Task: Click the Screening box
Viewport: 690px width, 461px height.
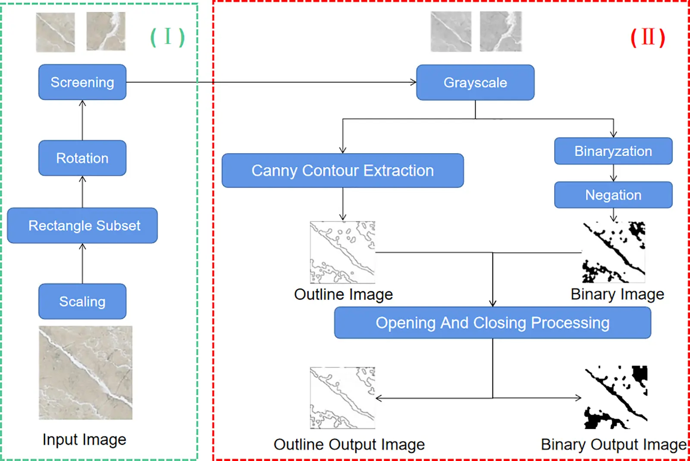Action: click(82, 82)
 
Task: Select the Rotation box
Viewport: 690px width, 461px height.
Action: click(82, 158)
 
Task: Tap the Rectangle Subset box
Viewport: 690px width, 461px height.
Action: click(82, 225)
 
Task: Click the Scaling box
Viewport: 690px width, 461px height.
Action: click(82, 301)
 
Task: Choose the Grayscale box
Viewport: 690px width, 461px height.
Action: click(475, 82)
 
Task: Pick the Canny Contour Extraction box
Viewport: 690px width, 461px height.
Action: click(342, 171)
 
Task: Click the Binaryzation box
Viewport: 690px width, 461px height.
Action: click(613, 151)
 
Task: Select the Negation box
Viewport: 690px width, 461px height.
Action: click(613, 195)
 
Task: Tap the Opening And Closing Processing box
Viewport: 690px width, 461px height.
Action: click(492, 323)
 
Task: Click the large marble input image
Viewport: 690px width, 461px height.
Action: click(85, 373)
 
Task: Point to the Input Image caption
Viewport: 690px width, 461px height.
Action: click(85, 439)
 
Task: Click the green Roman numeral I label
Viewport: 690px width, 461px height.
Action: click(167, 37)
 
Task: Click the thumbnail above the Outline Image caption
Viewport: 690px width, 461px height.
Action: click(342, 253)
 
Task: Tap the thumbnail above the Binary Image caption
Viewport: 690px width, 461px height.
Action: click(614, 253)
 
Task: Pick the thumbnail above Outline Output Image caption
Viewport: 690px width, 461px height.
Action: click(342, 398)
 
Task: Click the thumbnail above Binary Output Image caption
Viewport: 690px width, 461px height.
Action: click(616, 397)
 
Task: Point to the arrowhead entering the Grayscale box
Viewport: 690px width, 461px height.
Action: click(414, 82)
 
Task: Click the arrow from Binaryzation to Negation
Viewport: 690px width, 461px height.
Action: click(613, 174)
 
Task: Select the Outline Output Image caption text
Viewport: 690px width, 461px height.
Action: click(349, 444)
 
